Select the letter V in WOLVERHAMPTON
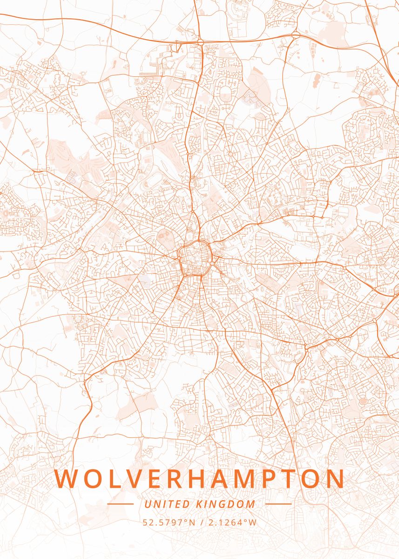click(136, 479)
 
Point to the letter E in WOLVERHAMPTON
click(158, 479)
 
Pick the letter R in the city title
click(179, 479)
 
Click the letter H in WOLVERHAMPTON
click(203, 479)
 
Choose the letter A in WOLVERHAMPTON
click(227, 479)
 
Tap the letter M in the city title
click(254, 479)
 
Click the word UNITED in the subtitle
click(167, 504)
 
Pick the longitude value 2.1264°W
click(231, 522)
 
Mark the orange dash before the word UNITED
click(120, 504)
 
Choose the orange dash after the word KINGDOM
click(278, 504)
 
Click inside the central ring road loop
click(195, 257)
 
